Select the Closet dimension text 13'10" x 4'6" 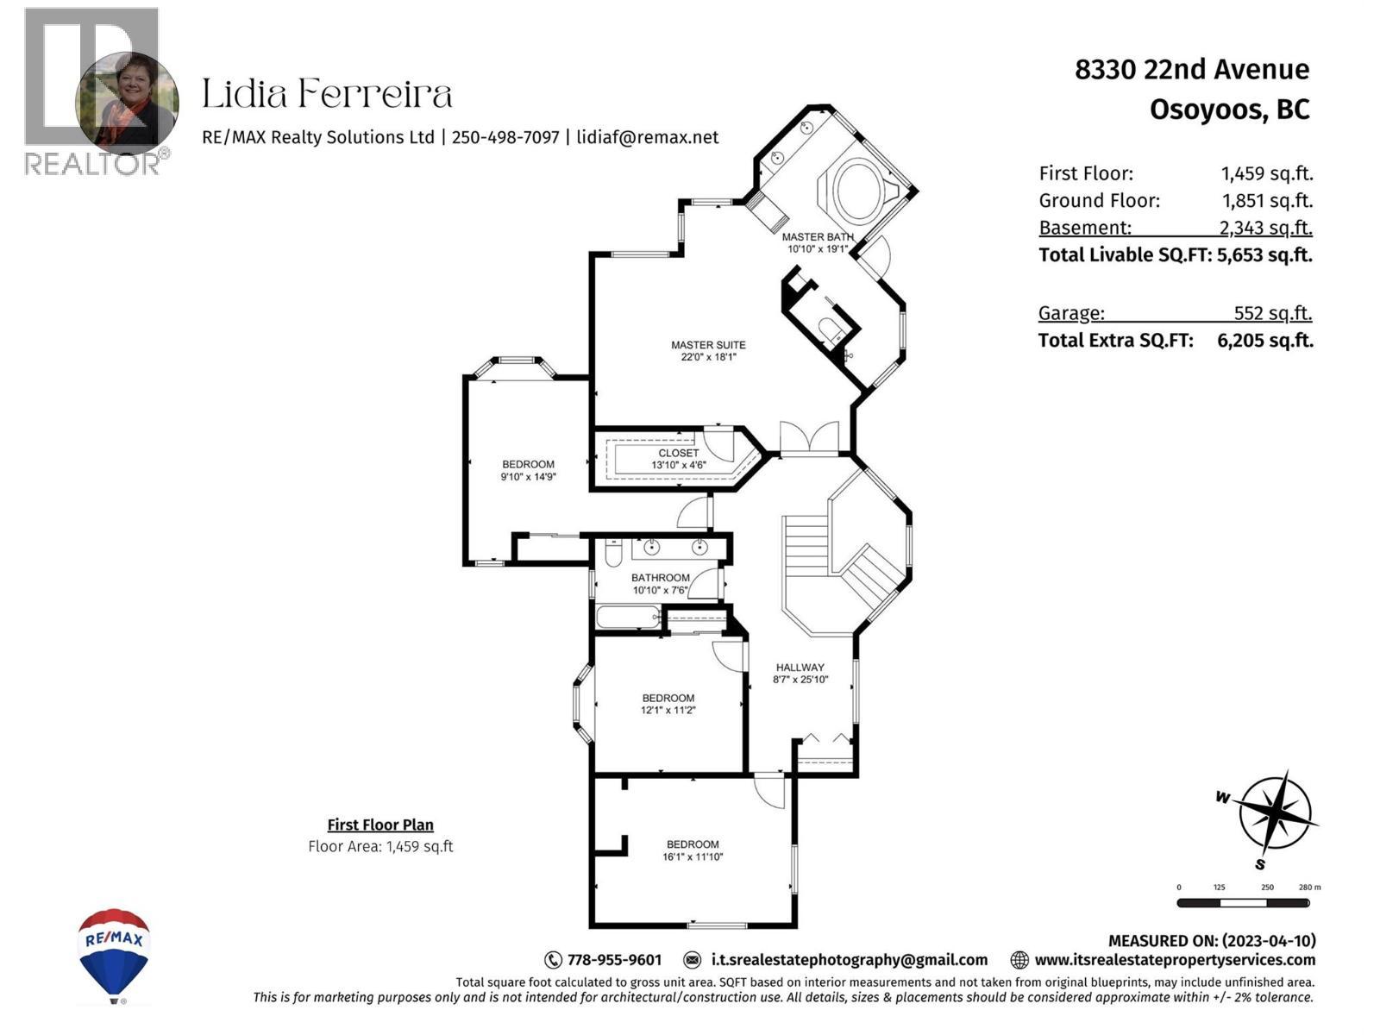coord(679,466)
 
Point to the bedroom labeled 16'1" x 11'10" coord(693,850)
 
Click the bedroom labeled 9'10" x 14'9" coord(528,470)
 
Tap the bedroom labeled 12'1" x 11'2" coord(668,704)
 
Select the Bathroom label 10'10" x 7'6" coord(660,584)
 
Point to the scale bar coord(1243,903)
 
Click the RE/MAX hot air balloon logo coord(114,953)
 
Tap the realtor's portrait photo coord(128,102)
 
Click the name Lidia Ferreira coord(327,94)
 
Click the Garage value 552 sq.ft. coord(1272,313)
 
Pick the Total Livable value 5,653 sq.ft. coord(1264,254)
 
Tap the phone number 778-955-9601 coord(614,960)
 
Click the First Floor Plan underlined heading coord(380,825)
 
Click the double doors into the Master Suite coord(809,438)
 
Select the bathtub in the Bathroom coord(628,618)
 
